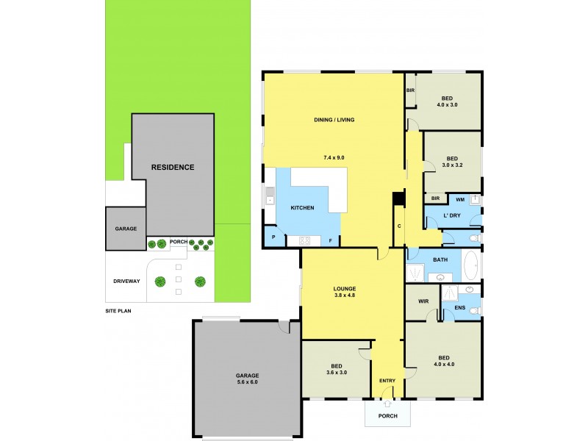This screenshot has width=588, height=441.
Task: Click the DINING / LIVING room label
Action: click(333, 121)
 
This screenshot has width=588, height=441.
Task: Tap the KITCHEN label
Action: click(302, 208)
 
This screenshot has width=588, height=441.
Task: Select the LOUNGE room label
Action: click(344, 288)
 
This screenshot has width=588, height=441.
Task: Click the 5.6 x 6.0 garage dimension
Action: click(247, 382)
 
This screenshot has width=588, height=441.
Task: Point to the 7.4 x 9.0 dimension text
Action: click(334, 158)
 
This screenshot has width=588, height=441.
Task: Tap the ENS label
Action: click(460, 308)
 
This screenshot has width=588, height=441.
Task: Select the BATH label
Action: click(440, 259)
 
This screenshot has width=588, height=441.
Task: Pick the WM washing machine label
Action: click(460, 199)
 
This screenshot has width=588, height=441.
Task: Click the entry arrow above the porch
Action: click(387, 403)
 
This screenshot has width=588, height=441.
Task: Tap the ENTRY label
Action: click(387, 380)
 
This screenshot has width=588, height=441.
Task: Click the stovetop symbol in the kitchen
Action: click(305, 240)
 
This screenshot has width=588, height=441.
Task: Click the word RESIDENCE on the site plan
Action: click(173, 167)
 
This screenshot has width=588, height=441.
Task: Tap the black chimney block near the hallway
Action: click(398, 199)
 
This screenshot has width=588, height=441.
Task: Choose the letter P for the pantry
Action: click(273, 238)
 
